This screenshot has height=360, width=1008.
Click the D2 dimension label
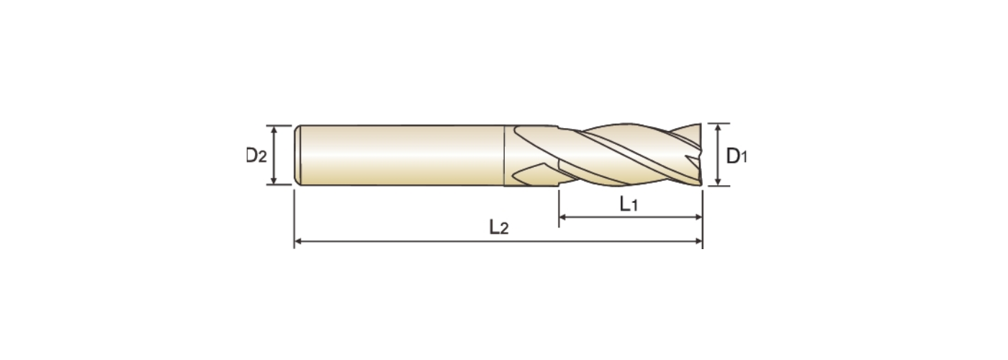(x=256, y=156)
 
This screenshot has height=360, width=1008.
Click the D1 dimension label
(x=737, y=156)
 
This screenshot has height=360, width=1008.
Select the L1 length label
(x=629, y=204)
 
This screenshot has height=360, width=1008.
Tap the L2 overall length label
(x=498, y=228)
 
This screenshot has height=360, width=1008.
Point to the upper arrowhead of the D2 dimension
(x=274, y=130)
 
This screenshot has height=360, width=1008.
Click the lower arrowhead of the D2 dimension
(x=274, y=181)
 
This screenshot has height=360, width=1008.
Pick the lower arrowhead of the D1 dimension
(x=718, y=181)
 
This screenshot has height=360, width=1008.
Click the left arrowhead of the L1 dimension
(x=562, y=217)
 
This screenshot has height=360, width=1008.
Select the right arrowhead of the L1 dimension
(x=698, y=217)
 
